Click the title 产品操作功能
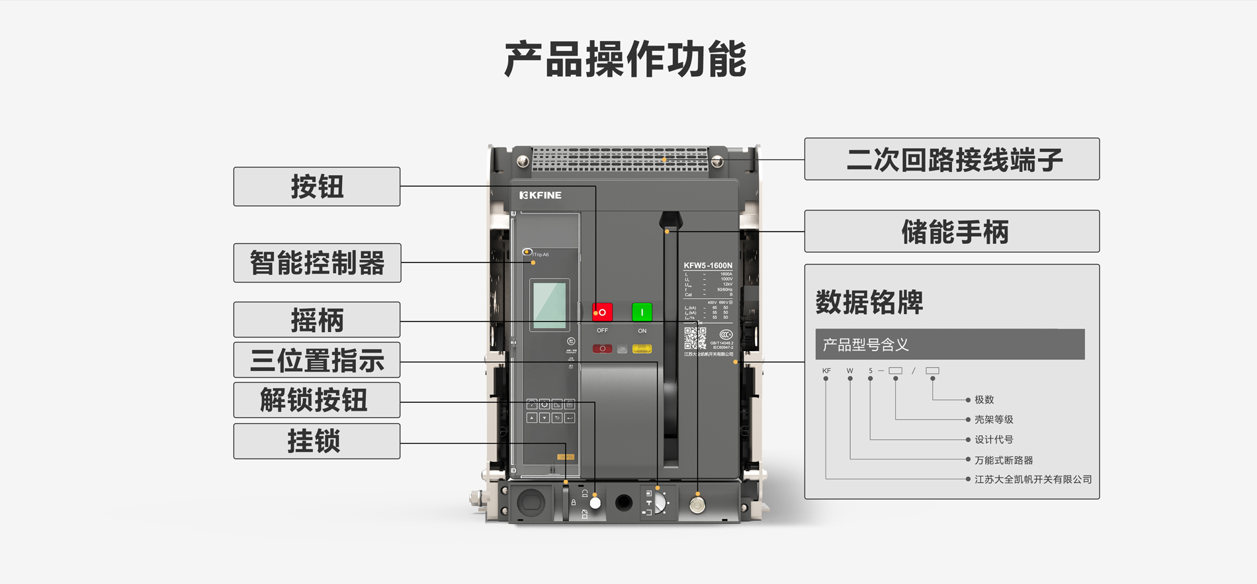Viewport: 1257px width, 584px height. click(x=625, y=60)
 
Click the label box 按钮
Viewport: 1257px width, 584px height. click(x=317, y=187)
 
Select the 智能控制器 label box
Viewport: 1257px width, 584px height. click(x=317, y=263)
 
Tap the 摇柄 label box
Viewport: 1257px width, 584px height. click(x=317, y=320)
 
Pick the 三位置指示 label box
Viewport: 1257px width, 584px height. click(x=317, y=360)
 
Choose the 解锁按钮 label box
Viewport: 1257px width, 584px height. click(x=317, y=400)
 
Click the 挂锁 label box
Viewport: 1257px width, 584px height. click(x=317, y=441)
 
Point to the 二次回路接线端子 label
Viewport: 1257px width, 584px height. click(x=952, y=159)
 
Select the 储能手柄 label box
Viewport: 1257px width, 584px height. click(x=952, y=231)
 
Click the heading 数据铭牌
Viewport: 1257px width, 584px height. click(x=869, y=302)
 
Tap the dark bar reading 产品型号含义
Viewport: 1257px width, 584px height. click(x=949, y=345)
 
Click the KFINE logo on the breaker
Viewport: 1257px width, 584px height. click(x=541, y=195)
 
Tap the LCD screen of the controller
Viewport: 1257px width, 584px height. click(x=550, y=305)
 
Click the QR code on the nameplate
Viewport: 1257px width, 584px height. click(x=695, y=339)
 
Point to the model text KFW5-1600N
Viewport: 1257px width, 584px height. click(x=708, y=265)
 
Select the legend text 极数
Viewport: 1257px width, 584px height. click(x=984, y=399)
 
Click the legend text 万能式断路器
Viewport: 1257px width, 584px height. click(x=1003, y=460)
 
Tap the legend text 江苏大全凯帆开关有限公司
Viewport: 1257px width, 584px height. click(x=1032, y=479)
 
